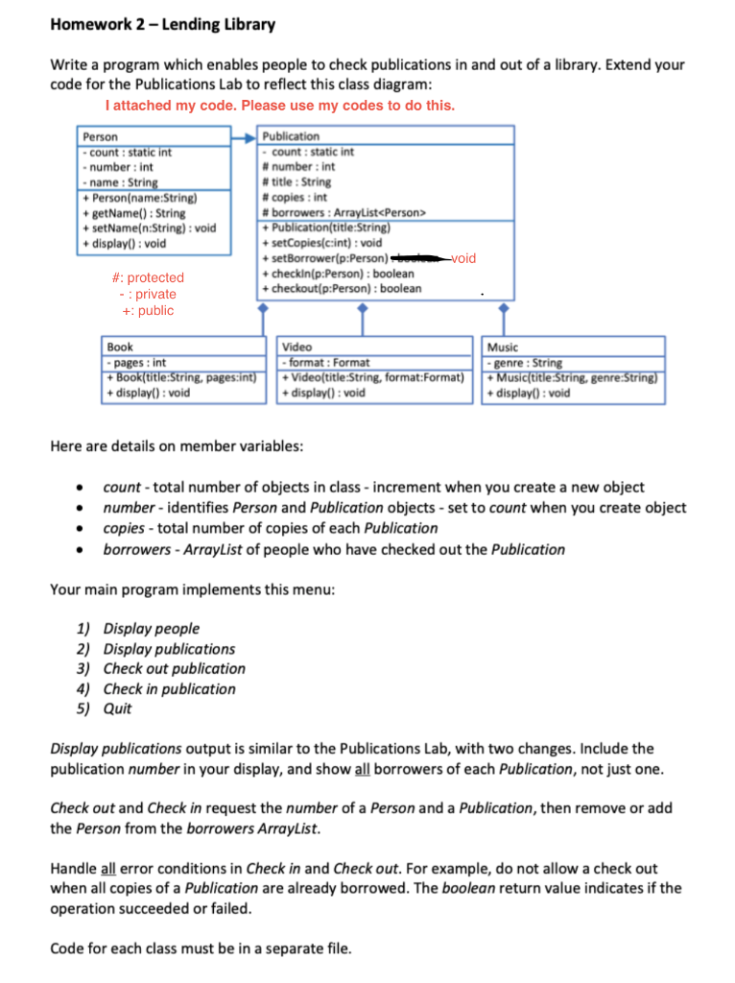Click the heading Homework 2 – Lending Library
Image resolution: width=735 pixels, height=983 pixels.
point(162,25)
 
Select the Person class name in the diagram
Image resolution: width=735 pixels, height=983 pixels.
point(101,137)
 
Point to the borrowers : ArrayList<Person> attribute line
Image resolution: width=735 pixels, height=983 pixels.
point(344,212)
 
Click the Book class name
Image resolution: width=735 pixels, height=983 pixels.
point(121,347)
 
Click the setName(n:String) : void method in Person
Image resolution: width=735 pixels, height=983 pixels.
point(150,228)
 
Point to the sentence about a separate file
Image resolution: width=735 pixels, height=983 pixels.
point(201,949)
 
